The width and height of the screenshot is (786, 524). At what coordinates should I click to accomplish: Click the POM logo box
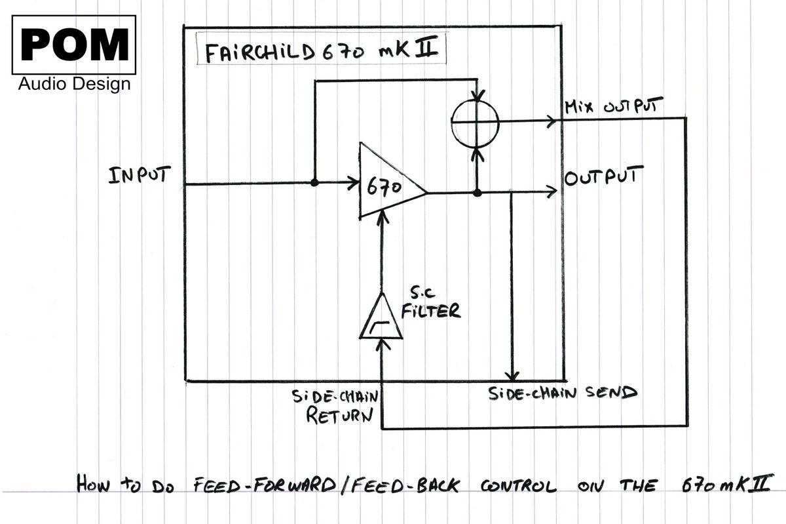click(74, 45)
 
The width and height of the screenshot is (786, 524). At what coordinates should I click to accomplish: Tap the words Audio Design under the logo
click(74, 85)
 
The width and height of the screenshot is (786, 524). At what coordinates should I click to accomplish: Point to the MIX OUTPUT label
click(613, 106)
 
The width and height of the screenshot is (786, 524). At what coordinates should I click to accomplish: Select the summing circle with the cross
click(475, 121)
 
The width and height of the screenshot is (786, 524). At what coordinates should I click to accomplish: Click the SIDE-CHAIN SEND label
click(562, 393)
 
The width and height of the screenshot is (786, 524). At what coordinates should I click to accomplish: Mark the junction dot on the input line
click(314, 183)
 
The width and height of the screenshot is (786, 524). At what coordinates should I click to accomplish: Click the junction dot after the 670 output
click(477, 193)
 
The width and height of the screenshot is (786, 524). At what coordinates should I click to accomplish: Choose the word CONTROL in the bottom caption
click(519, 487)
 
